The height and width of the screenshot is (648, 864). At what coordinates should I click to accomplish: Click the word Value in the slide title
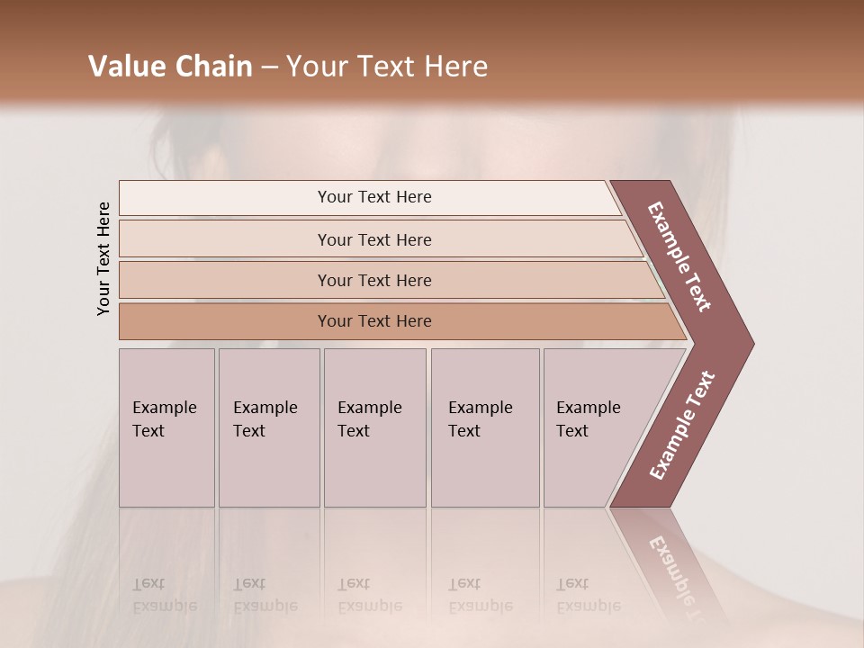pyautogui.click(x=127, y=67)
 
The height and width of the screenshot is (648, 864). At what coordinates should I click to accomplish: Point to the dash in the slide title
pyautogui.click(x=269, y=67)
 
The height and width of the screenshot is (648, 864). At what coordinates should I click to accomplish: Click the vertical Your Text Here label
pyautogui.click(x=103, y=258)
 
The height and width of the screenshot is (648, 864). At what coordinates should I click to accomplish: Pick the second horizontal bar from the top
pyautogui.click(x=374, y=239)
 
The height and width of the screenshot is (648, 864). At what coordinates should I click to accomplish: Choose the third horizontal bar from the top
pyautogui.click(x=374, y=280)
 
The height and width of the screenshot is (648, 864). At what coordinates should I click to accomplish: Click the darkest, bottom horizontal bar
pyautogui.click(x=374, y=321)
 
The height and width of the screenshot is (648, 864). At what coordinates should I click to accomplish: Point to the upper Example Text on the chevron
pyautogui.click(x=679, y=256)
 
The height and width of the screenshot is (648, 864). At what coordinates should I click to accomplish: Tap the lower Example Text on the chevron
pyautogui.click(x=682, y=426)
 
